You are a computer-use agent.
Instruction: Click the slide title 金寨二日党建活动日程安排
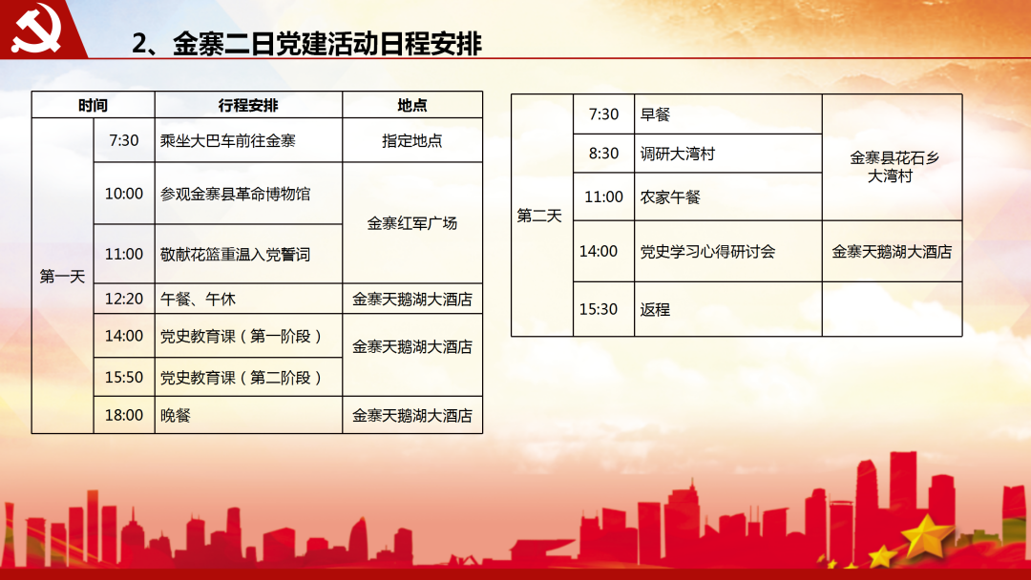point(307,43)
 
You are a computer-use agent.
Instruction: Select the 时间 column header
point(93,105)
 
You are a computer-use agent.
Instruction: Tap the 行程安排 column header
point(248,105)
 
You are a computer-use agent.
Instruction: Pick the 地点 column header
point(412,105)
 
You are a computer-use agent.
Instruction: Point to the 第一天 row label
point(62,277)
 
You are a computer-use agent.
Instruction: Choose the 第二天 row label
point(539,216)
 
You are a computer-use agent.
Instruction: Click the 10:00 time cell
point(123,194)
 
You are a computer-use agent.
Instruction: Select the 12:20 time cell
point(123,299)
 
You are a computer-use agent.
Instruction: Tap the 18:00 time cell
point(123,415)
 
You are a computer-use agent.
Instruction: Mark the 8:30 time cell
point(603,154)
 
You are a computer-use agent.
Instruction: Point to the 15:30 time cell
point(599,309)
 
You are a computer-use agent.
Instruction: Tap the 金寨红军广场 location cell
point(412,223)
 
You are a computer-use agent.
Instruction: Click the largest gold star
point(926,535)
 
